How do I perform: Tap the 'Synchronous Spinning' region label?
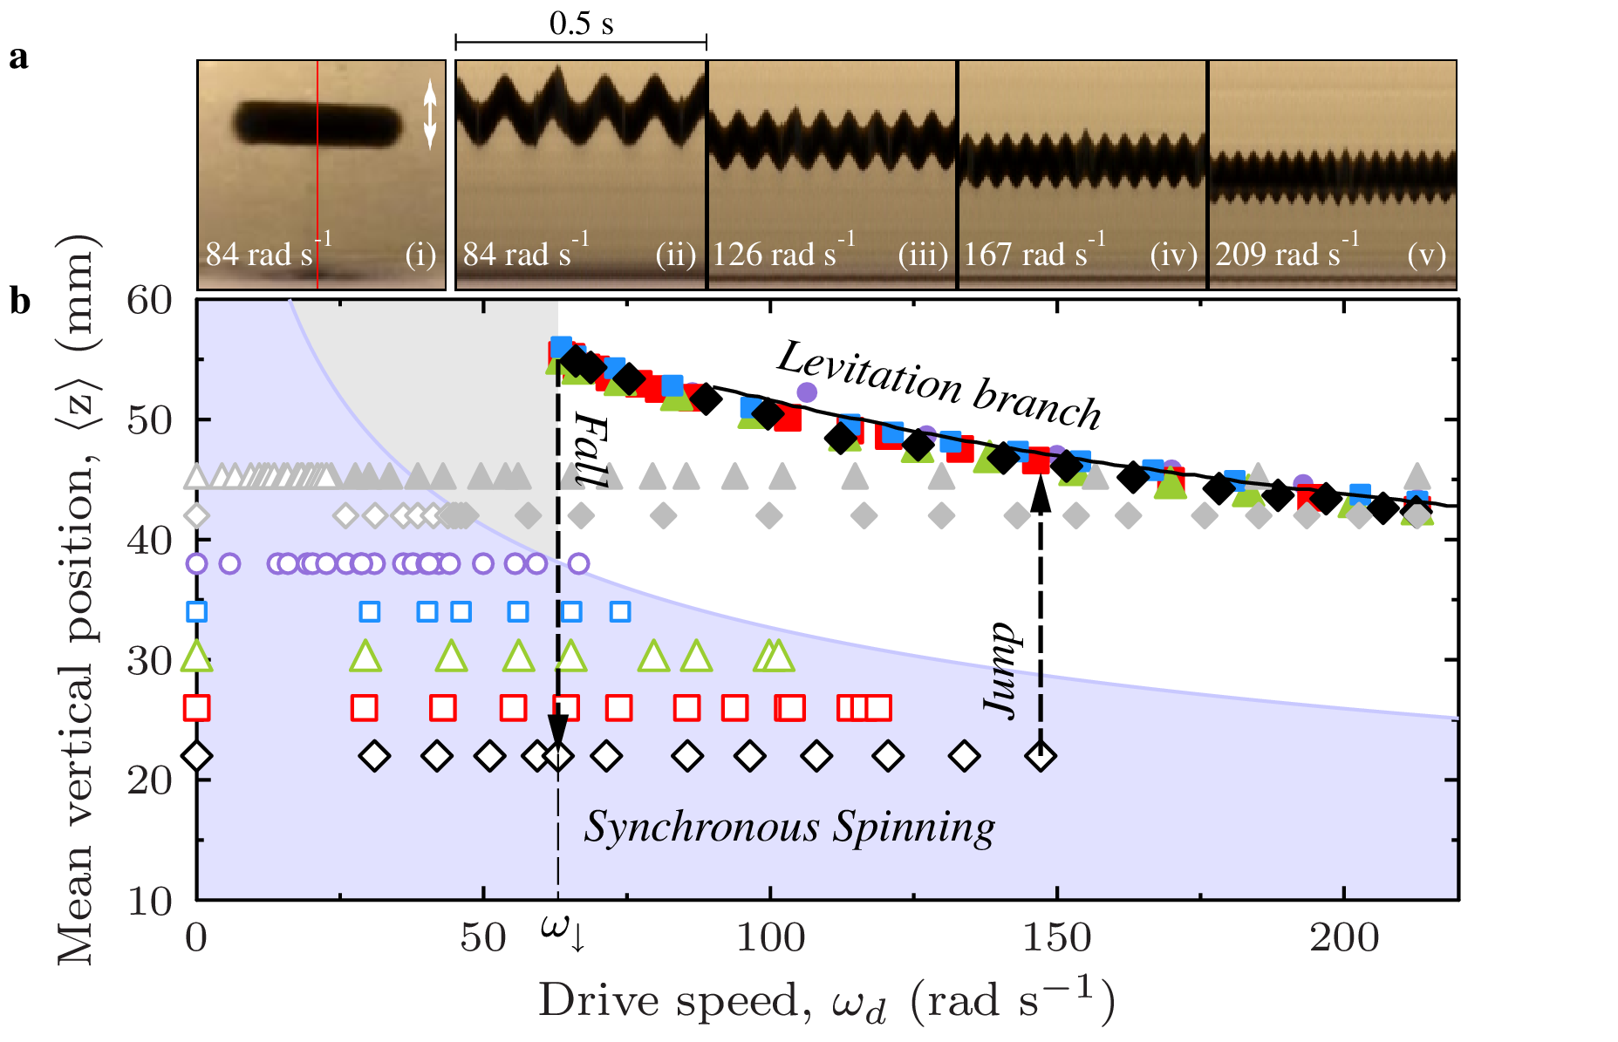[x=789, y=827]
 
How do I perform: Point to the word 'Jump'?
[x=1002, y=670]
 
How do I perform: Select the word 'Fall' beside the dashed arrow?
[x=590, y=450]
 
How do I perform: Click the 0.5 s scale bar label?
[x=581, y=24]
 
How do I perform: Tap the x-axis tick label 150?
[x=1056, y=938]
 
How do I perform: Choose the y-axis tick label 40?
[x=149, y=541]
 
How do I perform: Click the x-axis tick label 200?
[x=1343, y=938]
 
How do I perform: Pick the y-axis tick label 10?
[x=149, y=901]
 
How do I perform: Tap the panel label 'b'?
[x=19, y=302]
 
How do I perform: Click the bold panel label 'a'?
[x=18, y=58]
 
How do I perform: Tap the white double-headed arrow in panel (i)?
[x=429, y=114]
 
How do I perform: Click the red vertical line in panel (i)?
[x=317, y=174]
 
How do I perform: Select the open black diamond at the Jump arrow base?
[x=1041, y=756]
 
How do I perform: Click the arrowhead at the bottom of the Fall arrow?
[x=558, y=732]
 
